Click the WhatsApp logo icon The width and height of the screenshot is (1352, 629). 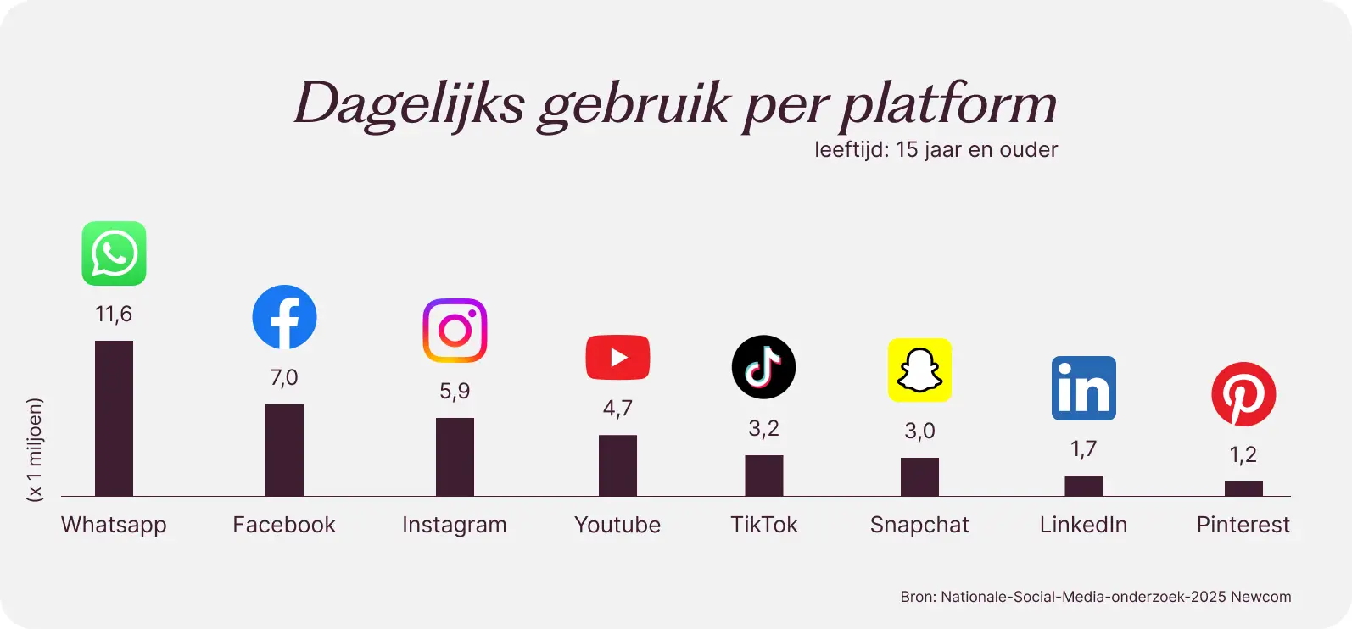[x=114, y=253]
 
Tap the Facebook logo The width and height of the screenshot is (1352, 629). [x=284, y=317]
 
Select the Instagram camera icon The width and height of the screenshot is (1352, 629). [x=455, y=331]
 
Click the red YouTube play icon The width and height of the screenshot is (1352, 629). [x=617, y=358]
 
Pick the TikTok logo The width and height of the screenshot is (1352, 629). [x=763, y=367]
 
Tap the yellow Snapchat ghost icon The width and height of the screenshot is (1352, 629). [x=919, y=370]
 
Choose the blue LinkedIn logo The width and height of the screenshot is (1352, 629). [x=1083, y=388]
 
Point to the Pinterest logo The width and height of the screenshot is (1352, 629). [x=1243, y=394]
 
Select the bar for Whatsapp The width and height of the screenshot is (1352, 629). [x=114, y=418]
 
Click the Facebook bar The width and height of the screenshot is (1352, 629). [x=284, y=450]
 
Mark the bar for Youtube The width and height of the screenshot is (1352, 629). [x=617, y=465]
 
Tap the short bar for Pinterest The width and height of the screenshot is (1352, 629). [x=1243, y=488]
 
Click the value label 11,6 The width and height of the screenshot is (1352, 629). [x=114, y=314]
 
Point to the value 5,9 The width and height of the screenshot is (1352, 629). [x=455, y=391]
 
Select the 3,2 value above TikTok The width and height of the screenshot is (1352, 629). [x=763, y=429]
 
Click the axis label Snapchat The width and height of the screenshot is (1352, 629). [x=919, y=525]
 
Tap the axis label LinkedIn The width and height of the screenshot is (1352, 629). [x=1083, y=525]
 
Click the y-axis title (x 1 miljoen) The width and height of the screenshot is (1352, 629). [x=35, y=449]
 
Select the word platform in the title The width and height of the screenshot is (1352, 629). [x=948, y=105]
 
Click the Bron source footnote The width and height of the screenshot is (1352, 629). [x=1095, y=597]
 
